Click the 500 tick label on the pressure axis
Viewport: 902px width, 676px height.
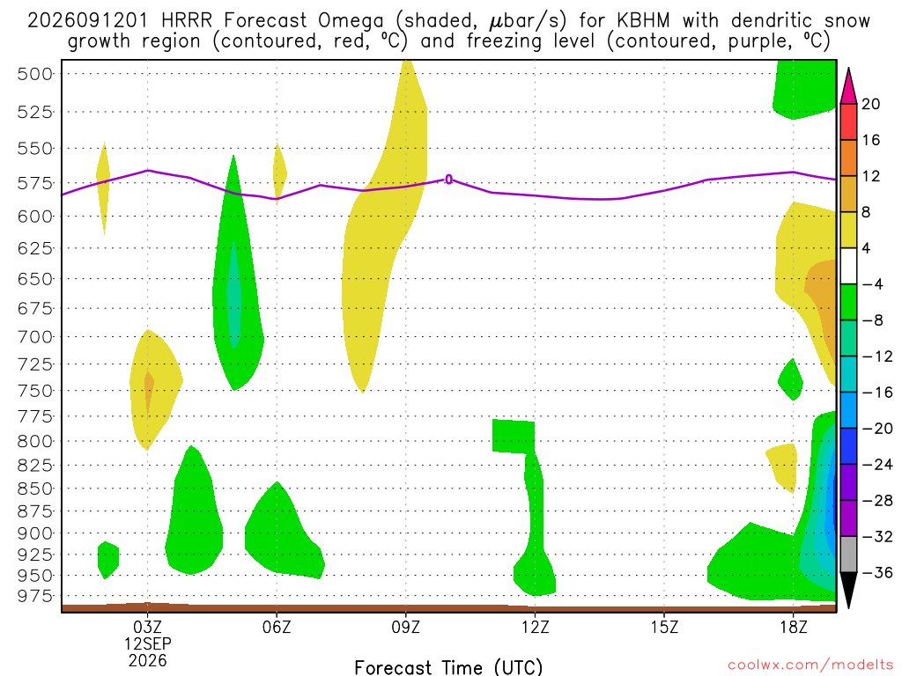[34, 74]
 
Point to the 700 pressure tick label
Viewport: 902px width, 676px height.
[34, 337]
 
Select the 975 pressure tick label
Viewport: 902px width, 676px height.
[34, 596]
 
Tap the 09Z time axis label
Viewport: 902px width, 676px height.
[405, 627]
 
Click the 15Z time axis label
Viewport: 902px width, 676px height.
[664, 627]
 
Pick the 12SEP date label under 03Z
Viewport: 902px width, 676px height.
[148, 643]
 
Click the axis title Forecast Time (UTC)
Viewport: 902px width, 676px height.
[448, 667]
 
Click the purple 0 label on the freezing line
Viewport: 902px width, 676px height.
[448, 180]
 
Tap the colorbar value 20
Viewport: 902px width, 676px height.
[870, 104]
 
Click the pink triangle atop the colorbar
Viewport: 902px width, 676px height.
[848, 87]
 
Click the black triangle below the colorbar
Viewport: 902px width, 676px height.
[848, 589]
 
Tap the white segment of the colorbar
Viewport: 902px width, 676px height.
[848, 266]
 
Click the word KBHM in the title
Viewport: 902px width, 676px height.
[643, 21]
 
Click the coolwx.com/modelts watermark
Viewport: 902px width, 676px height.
[810, 665]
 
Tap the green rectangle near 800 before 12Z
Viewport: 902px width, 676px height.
[514, 437]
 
